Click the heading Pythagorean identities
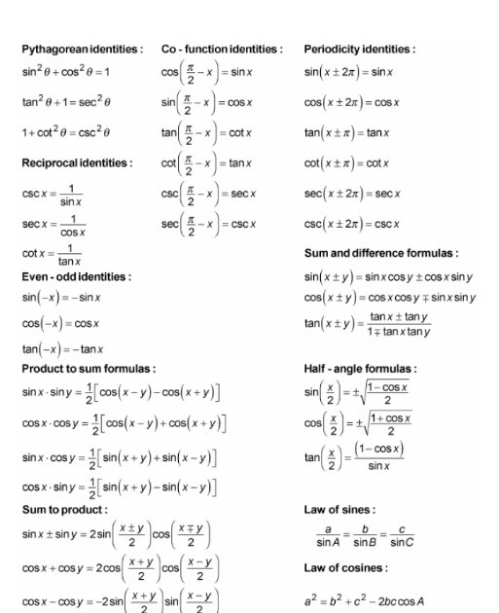click(83, 49)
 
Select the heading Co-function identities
click(222, 49)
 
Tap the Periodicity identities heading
click(360, 49)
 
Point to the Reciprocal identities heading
click(78, 162)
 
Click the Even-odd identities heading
click(76, 276)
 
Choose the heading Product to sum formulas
click(89, 369)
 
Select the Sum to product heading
click(65, 509)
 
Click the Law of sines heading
click(339, 509)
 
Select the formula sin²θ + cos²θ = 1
click(66, 72)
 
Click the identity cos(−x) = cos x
click(61, 323)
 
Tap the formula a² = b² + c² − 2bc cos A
click(364, 601)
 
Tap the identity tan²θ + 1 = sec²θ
click(67, 102)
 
